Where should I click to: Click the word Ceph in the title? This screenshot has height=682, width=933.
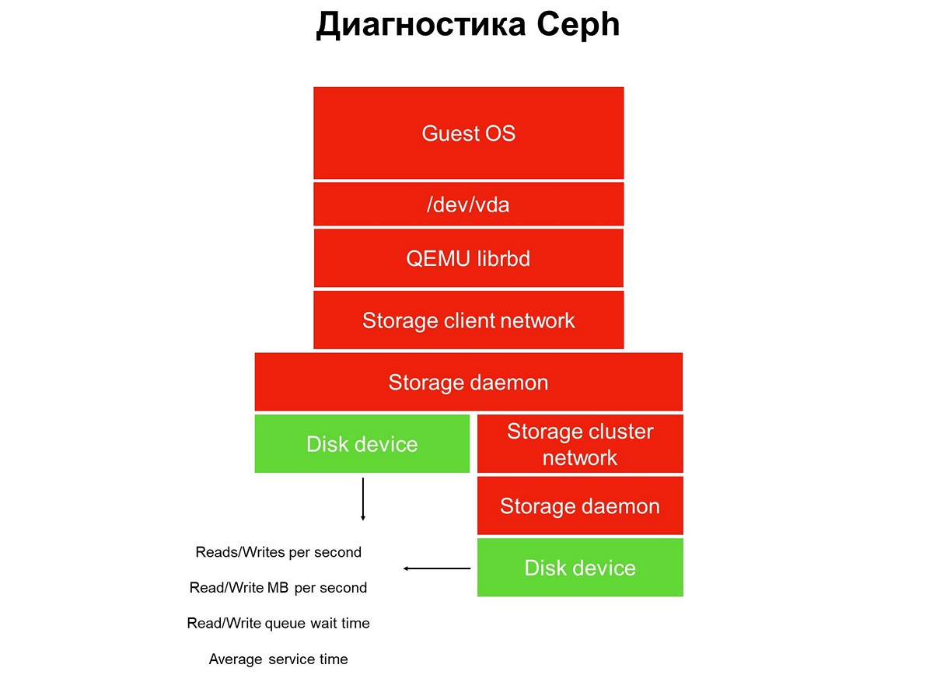[578, 26]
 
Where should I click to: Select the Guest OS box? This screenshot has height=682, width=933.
[468, 133]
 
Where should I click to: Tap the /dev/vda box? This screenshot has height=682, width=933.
[468, 205]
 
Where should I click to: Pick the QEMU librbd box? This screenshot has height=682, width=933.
[468, 258]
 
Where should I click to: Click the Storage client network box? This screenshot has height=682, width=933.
[468, 320]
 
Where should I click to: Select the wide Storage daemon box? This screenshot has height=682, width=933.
[468, 382]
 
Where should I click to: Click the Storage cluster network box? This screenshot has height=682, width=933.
[580, 444]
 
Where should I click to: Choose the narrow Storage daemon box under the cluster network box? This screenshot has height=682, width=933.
[580, 506]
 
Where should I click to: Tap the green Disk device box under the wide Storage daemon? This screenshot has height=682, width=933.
[362, 444]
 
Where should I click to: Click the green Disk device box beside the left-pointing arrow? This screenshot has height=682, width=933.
[580, 568]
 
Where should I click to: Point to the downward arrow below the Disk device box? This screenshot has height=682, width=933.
[362, 500]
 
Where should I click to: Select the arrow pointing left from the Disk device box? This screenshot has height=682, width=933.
[437, 568]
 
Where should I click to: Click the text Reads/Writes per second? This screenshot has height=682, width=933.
[278, 552]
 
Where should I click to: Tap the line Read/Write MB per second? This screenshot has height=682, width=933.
[278, 588]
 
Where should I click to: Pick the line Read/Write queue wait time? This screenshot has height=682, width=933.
[278, 623]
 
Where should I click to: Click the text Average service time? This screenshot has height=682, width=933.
[278, 659]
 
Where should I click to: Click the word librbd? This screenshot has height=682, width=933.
[503, 258]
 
